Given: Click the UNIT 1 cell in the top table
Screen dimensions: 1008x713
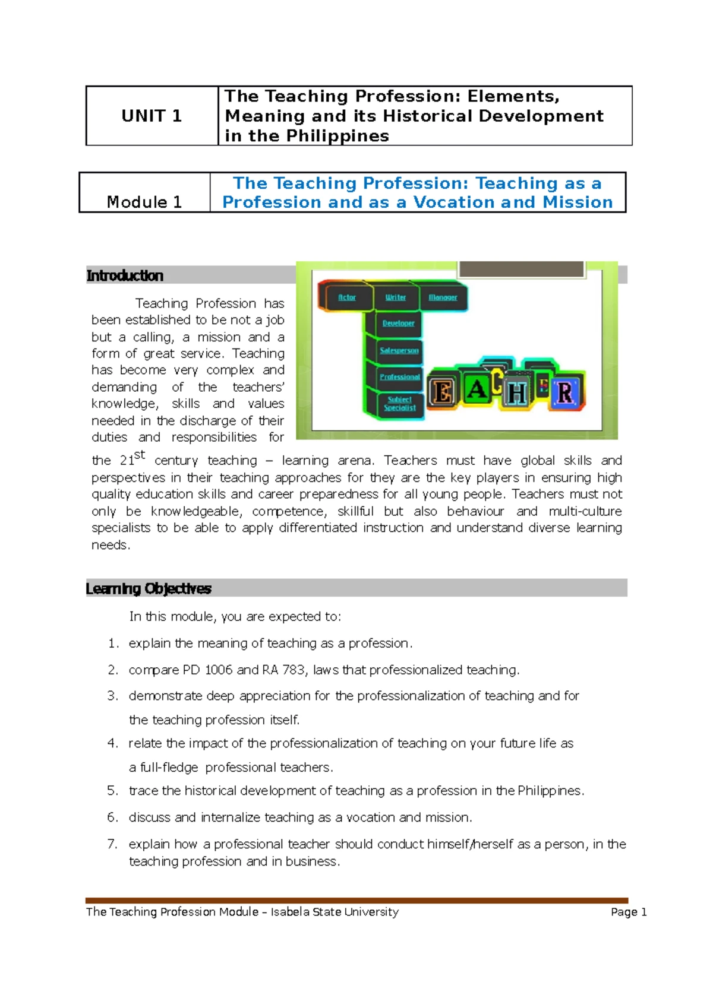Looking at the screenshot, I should tap(152, 116).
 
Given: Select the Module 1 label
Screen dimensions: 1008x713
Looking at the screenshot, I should tap(144, 202).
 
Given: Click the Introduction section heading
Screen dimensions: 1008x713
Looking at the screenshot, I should tap(125, 275).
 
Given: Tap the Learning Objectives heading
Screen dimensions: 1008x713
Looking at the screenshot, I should tap(149, 588).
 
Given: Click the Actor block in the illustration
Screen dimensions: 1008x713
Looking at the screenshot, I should tap(347, 297).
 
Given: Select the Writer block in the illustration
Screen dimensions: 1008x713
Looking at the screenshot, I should tap(396, 297).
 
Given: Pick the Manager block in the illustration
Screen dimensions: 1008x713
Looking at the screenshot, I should tap(443, 297).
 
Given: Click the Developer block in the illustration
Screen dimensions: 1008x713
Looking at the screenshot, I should tap(399, 324).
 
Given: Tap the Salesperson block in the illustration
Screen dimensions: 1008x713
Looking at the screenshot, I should tap(399, 350).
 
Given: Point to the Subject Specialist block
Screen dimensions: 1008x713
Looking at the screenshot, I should tap(400, 404).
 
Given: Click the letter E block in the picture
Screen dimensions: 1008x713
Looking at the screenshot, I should tap(442, 392).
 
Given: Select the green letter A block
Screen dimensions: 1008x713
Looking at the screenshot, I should tap(477, 389).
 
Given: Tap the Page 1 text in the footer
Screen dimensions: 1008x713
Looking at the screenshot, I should tap(629, 912).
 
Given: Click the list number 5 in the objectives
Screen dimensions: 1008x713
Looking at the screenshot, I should tap(113, 791).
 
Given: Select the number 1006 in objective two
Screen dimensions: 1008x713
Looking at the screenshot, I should tap(219, 670).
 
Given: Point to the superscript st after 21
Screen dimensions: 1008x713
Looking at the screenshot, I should tap(140, 455).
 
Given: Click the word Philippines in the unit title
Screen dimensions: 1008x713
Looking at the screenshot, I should tap(337, 136).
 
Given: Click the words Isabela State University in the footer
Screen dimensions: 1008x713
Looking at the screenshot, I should tap(335, 912).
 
